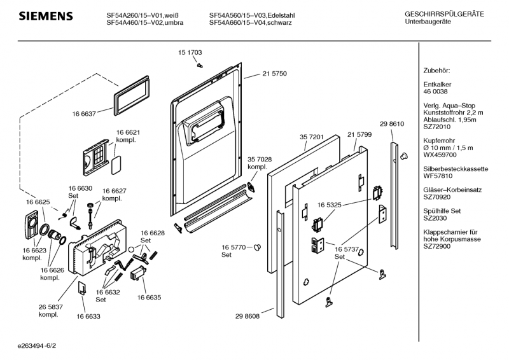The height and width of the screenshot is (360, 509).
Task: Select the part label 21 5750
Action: click(274, 74)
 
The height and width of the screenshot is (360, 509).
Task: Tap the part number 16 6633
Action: click(89, 315)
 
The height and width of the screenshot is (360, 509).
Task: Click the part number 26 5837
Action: click(50, 307)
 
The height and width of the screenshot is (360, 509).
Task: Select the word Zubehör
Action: click(436, 70)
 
